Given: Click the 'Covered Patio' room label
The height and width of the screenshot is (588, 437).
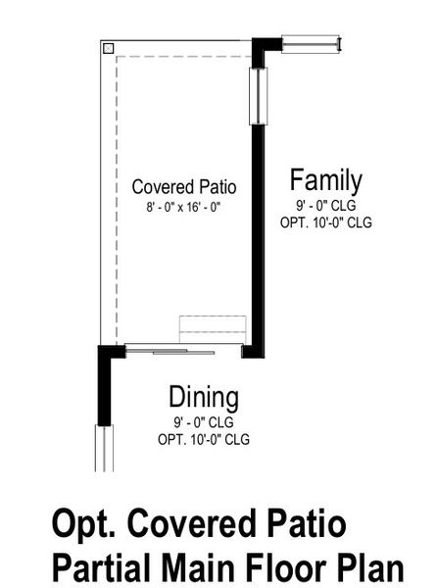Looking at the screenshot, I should (184, 186).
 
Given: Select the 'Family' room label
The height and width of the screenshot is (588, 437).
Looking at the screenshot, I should (325, 180).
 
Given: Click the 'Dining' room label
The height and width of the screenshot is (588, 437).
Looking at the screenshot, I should (204, 398).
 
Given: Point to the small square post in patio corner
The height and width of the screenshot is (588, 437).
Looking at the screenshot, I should (109, 47).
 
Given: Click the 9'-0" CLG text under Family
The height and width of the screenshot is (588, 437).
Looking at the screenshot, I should (325, 206).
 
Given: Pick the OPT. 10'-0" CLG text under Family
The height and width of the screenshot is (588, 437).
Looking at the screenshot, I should (325, 222).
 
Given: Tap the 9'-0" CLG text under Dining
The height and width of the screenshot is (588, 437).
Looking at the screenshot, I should (204, 422).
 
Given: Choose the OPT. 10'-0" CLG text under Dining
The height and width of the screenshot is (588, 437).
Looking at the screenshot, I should (204, 439).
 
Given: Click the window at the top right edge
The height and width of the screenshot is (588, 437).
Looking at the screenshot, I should (311, 44).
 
